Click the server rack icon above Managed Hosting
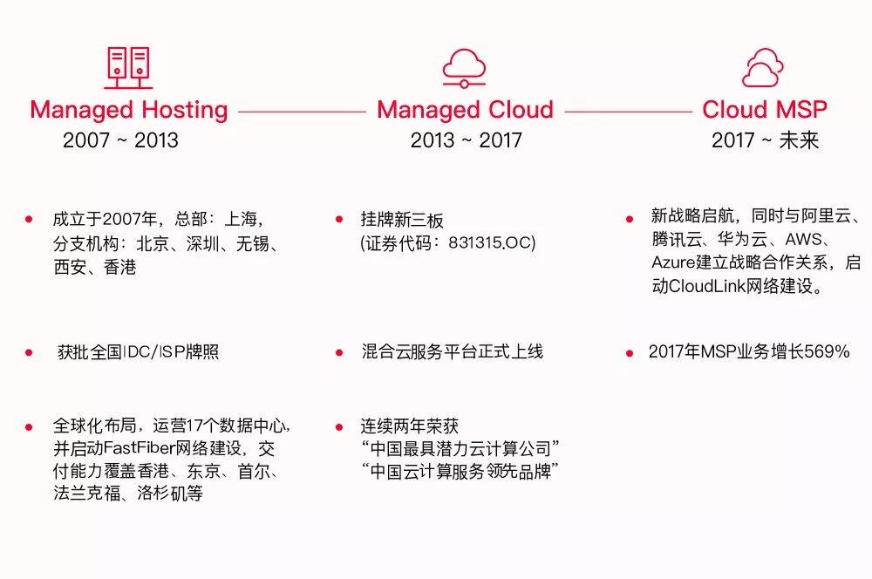click(x=128, y=68)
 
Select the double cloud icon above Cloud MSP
click(x=763, y=68)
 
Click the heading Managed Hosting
click(x=128, y=111)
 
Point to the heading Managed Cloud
click(x=465, y=111)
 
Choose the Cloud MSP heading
click(x=765, y=111)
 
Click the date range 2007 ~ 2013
click(x=120, y=140)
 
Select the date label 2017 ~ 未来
click(x=765, y=140)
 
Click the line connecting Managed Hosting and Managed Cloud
click(x=302, y=112)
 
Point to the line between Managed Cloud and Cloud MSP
click(x=628, y=112)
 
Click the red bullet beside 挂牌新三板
click(x=339, y=219)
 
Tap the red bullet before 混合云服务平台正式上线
click(x=339, y=352)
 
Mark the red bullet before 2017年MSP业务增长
click(x=630, y=352)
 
